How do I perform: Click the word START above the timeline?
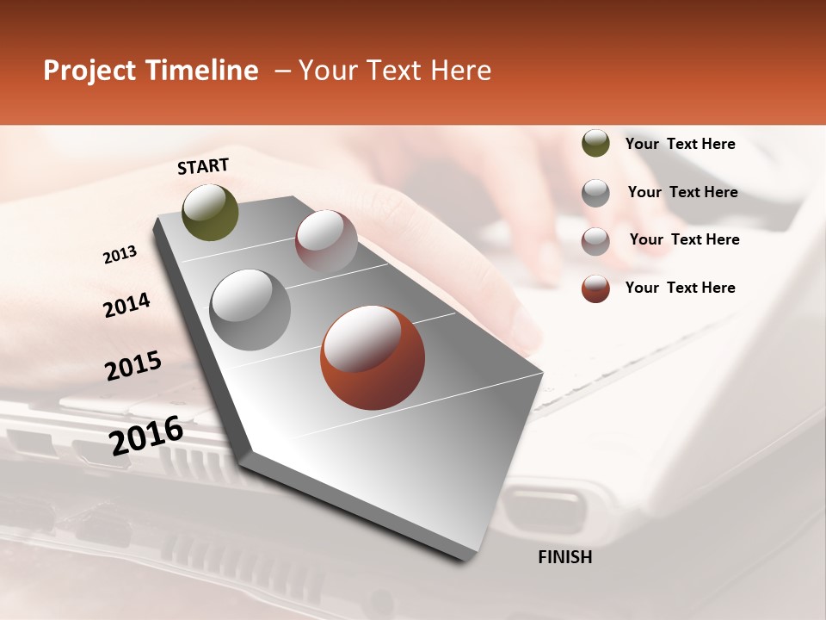coord(203,166)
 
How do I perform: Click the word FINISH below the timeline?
coord(564,557)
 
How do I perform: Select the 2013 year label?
coord(120,255)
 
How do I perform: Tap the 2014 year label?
coord(126,306)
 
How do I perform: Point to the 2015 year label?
coord(133,366)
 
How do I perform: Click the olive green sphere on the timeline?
coord(211,212)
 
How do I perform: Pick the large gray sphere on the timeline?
coord(250,310)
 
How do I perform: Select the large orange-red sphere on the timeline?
coord(373,357)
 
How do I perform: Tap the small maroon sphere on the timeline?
coord(326,241)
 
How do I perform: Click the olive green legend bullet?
coord(595,144)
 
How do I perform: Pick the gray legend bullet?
coord(595,193)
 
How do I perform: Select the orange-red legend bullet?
coord(595,288)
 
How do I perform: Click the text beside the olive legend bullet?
coord(680,144)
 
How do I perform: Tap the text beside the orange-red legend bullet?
coord(680,288)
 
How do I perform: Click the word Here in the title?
coord(460,71)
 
